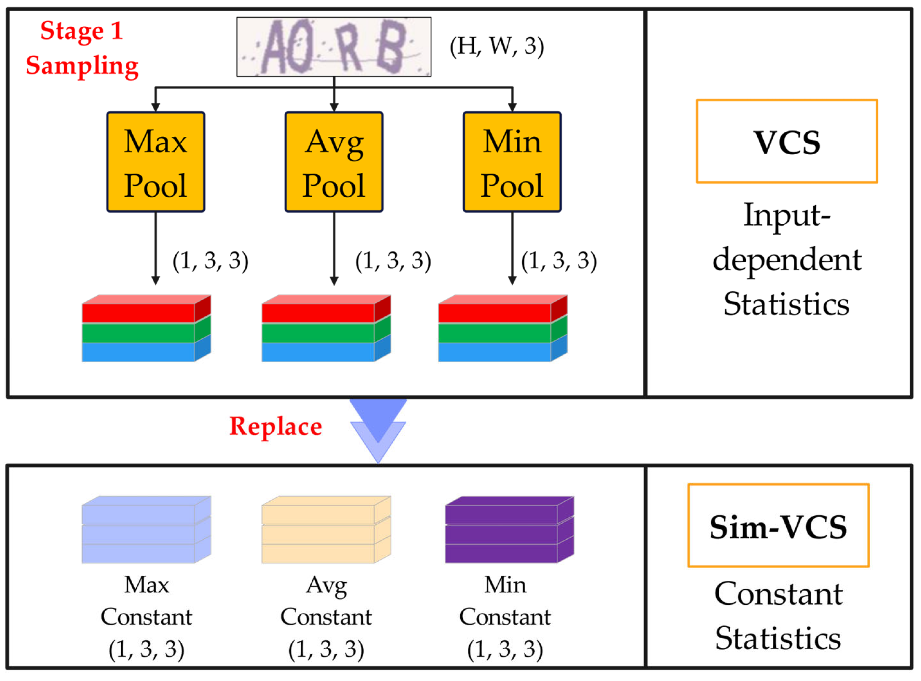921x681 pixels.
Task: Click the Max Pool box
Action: pos(156,162)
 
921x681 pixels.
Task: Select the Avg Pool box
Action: pos(334,162)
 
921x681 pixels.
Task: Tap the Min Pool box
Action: pos(512,162)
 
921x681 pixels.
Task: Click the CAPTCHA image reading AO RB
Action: pos(334,47)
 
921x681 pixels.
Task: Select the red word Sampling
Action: pos(82,66)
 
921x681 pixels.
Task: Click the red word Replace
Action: pos(275,426)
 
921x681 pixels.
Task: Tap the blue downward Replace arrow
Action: pos(378,429)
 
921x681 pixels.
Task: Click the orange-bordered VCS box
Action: pos(787,141)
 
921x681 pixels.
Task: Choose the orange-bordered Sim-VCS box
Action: pos(778,526)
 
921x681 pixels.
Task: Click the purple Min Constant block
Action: pos(509,530)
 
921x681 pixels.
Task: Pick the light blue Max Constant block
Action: pos(146,530)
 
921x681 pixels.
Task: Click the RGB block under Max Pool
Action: pos(146,329)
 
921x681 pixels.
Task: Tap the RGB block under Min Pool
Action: pos(502,329)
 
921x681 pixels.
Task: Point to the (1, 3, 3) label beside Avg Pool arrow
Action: pos(393,261)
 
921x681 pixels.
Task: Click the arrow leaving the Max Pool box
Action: pos(156,247)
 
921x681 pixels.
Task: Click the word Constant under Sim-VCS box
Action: pos(778,594)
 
